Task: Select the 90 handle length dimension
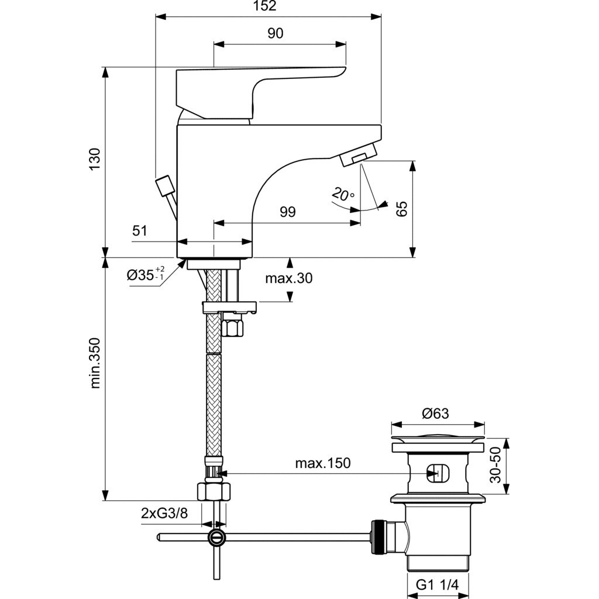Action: pyautogui.click(x=275, y=33)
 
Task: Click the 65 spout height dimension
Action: pyautogui.click(x=401, y=209)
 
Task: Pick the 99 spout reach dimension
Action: pyautogui.click(x=287, y=212)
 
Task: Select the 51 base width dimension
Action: pyautogui.click(x=139, y=231)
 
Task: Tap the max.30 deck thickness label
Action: pyautogui.click(x=289, y=278)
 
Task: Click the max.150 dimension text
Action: pyautogui.click(x=322, y=463)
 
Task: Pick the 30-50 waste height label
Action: pyautogui.click(x=496, y=466)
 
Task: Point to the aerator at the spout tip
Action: pyautogui.click(x=357, y=158)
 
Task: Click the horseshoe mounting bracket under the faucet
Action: pyautogui.click(x=229, y=307)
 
